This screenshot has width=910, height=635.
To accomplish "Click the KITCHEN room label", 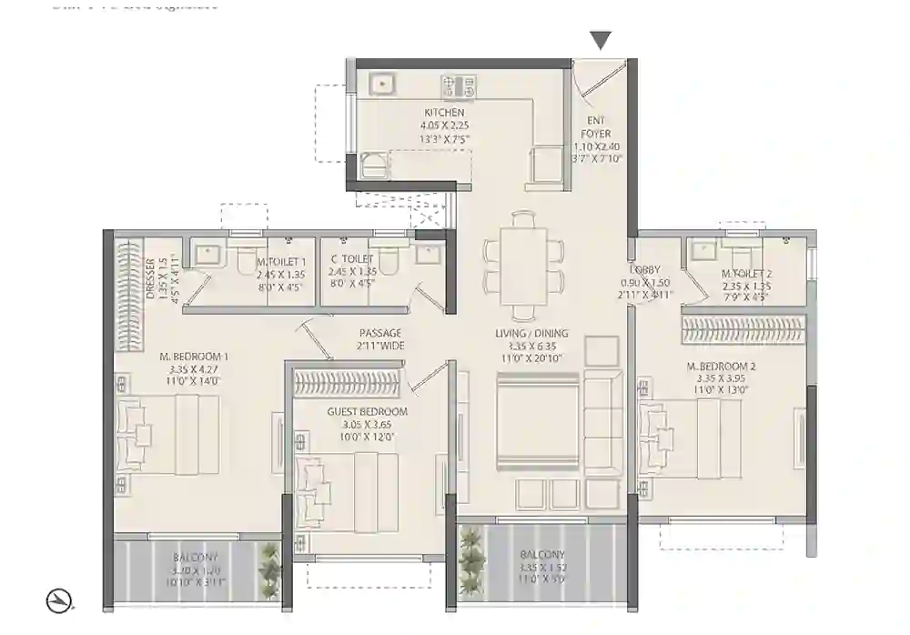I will coord(443,113).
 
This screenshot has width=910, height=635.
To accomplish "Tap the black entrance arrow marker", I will coord(600,40).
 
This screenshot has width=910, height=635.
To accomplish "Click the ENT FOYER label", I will coord(597,127).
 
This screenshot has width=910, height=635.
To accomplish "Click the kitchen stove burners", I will coord(459,87).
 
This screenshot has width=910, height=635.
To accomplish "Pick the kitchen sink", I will coord(383,84).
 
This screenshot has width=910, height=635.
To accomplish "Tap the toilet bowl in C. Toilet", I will coord(388,260).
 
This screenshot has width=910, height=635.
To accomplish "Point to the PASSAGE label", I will coord(380,334).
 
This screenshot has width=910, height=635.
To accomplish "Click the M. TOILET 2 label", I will coord(746,274).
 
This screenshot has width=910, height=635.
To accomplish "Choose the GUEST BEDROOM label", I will coord(367,412).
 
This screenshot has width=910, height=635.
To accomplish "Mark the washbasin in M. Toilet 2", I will coord(703,248).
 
